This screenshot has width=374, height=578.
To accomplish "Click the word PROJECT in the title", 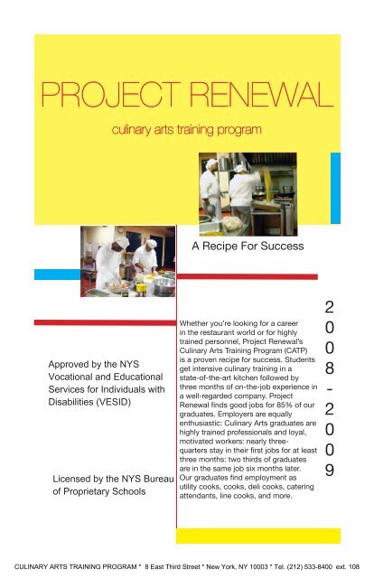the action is pyautogui.click(x=86, y=93).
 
